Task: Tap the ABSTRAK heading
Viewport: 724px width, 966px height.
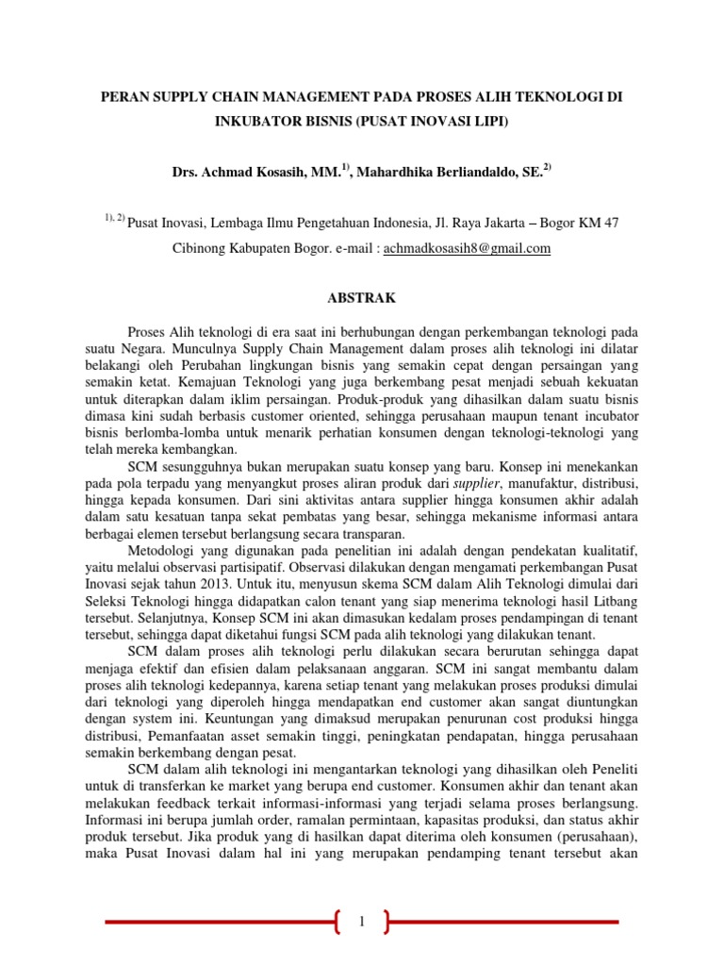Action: tap(361, 298)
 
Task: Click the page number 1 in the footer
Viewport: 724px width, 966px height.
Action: tap(361, 922)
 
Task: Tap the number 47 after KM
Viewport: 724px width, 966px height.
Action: tap(611, 224)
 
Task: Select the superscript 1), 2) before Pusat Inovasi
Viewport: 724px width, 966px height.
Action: tap(113, 219)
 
